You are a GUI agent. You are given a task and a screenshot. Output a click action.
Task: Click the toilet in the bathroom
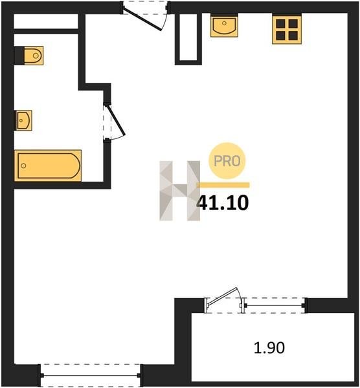point(34,56)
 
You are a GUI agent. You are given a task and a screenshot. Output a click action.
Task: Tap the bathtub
point(48,166)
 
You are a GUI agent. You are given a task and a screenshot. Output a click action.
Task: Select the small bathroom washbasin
point(24,120)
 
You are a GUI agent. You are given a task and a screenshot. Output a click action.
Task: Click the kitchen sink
point(224,26)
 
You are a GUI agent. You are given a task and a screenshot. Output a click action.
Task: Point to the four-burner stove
point(287,30)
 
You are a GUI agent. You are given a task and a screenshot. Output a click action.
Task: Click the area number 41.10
point(223,203)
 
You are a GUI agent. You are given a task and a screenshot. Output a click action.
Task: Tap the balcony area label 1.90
point(269,347)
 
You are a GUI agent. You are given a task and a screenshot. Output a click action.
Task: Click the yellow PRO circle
point(227,161)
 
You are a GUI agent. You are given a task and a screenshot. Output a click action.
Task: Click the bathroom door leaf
point(116,120)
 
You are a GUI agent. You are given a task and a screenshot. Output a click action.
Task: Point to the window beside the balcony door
point(274,306)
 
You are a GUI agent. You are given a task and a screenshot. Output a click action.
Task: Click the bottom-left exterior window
point(90,375)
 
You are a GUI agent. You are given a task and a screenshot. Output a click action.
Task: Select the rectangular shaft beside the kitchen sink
point(188,38)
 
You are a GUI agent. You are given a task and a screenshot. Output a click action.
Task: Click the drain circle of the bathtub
point(23,166)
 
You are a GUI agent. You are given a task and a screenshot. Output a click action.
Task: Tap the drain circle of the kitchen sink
point(224,23)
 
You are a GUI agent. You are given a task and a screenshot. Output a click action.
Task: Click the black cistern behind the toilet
point(19,56)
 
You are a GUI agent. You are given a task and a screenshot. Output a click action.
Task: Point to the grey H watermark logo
point(180,191)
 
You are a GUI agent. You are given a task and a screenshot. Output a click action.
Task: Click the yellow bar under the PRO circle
point(223,185)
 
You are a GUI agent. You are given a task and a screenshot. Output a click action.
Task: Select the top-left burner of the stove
point(280,24)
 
